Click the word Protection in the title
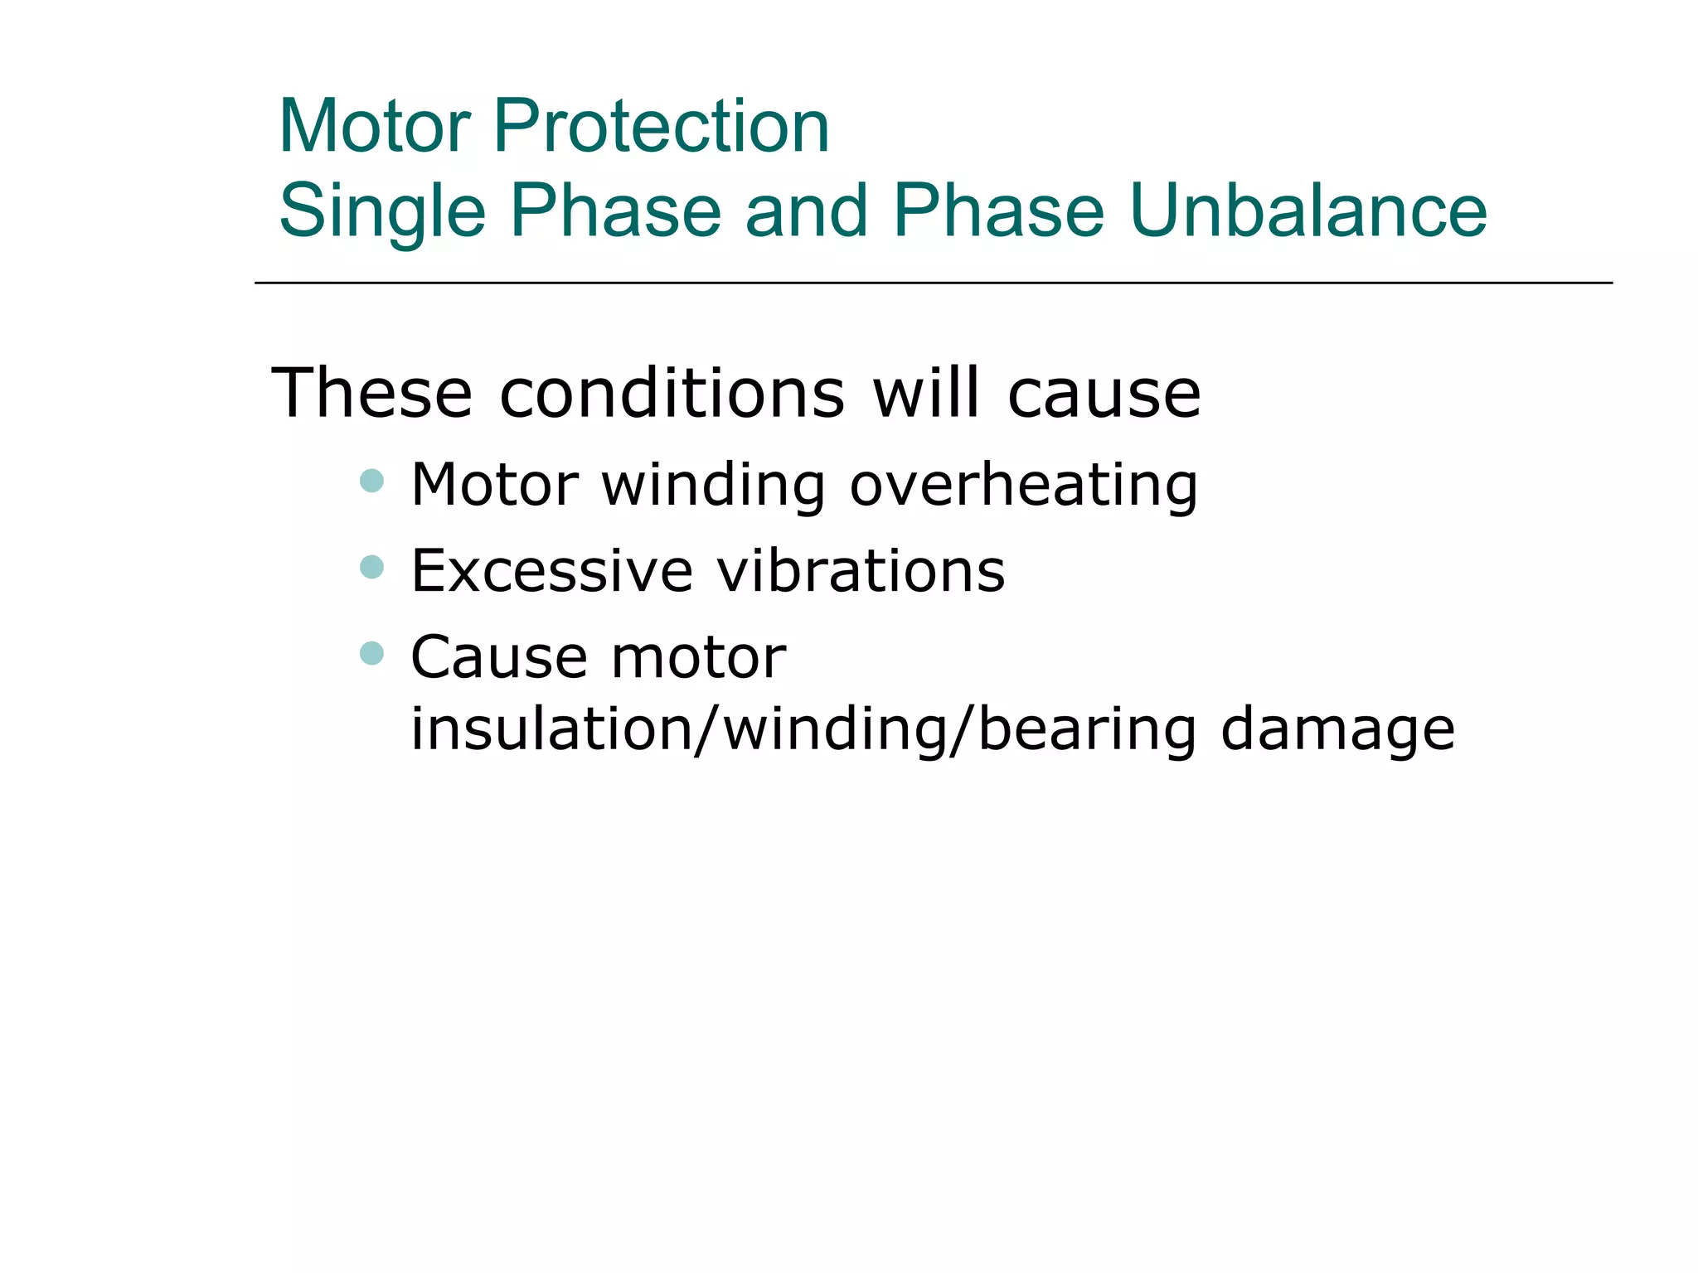tap(661, 126)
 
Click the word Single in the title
tap(382, 211)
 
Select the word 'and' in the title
tap(806, 211)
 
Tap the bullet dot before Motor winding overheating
tap(372, 481)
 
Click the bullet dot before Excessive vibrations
tap(372, 567)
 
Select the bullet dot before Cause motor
tap(372, 653)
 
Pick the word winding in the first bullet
tap(713, 486)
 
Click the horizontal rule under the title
tap(933, 283)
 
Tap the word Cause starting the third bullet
tap(497, 657)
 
